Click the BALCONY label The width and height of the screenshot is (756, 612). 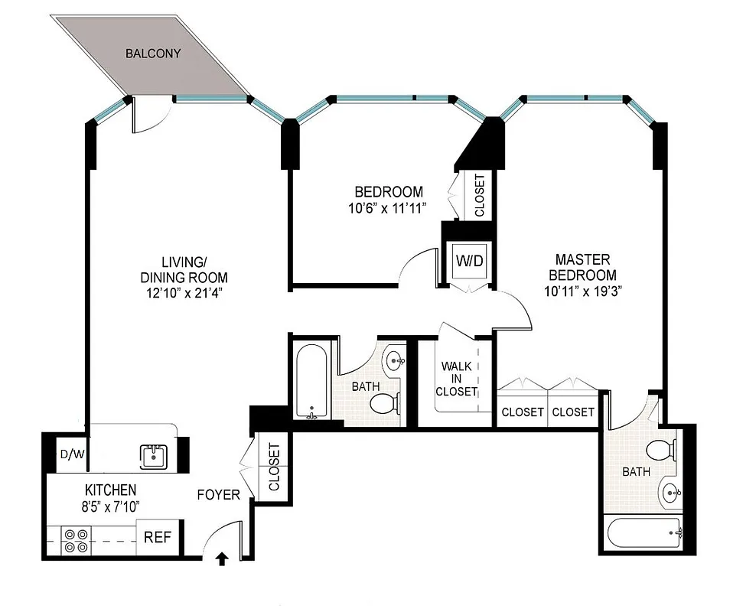click(153, 54)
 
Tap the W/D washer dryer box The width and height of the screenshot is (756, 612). click(470, 261)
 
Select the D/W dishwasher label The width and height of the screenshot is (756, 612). click(73, 454)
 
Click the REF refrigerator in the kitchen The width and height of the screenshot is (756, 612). click(158, 537)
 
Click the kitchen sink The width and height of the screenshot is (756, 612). click(154, 456)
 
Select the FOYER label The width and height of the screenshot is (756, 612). click(218, 495)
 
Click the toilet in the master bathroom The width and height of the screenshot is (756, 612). click(660, 451)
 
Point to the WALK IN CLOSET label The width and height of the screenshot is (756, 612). click(457, 379)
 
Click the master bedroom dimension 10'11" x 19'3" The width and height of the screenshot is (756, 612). click(585, 291)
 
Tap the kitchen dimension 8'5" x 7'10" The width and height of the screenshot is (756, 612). click(110, 506)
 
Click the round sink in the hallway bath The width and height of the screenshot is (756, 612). click(396, 359)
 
